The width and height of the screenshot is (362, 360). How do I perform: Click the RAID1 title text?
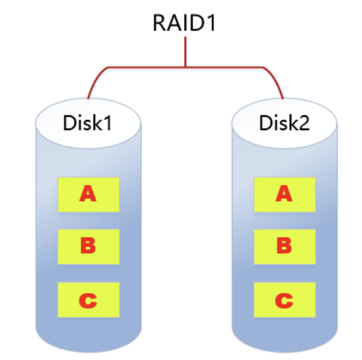[x=184, y=22]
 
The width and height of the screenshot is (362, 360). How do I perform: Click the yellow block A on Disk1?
[x=88, y=194]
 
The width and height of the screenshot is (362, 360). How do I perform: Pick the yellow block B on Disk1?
[x=88, y=246]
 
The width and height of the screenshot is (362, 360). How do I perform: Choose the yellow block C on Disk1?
[x=88, y=300]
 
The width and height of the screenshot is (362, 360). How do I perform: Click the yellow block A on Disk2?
[x=284, y=194]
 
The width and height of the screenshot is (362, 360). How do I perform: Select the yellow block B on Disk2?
[x=284, y=246]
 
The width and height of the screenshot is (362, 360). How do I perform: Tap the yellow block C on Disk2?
[x=284, y=300]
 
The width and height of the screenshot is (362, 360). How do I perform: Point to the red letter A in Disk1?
[x=88, y=194]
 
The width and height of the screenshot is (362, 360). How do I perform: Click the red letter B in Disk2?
[x=284, y=246]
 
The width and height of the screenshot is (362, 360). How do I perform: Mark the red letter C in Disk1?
[x=88, y=300]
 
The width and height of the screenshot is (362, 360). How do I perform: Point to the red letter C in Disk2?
[x=284, y=300]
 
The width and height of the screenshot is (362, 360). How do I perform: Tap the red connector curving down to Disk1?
[x=95, y=78]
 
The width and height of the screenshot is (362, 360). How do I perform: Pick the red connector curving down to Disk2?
[x=276, y=78]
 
